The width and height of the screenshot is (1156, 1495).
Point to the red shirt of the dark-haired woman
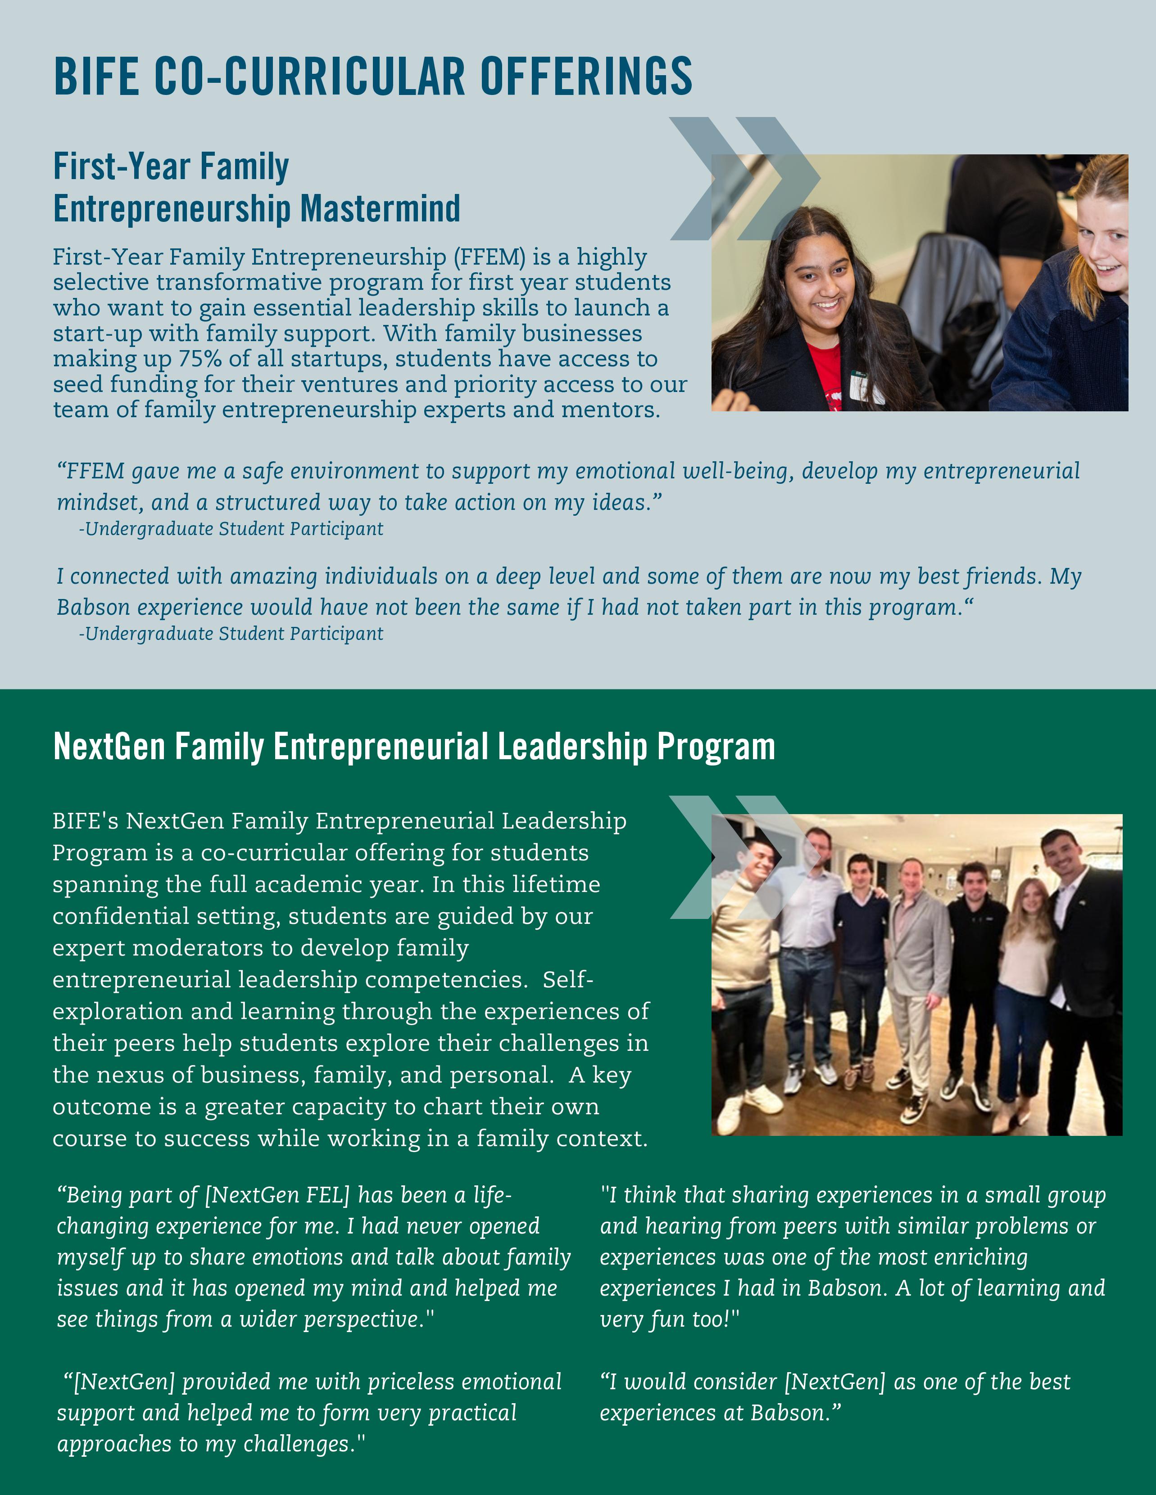[x=825, y=373]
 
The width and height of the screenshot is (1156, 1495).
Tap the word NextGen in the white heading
[x=109, y=746]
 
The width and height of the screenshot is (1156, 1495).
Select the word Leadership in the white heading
[x=571, y=746]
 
